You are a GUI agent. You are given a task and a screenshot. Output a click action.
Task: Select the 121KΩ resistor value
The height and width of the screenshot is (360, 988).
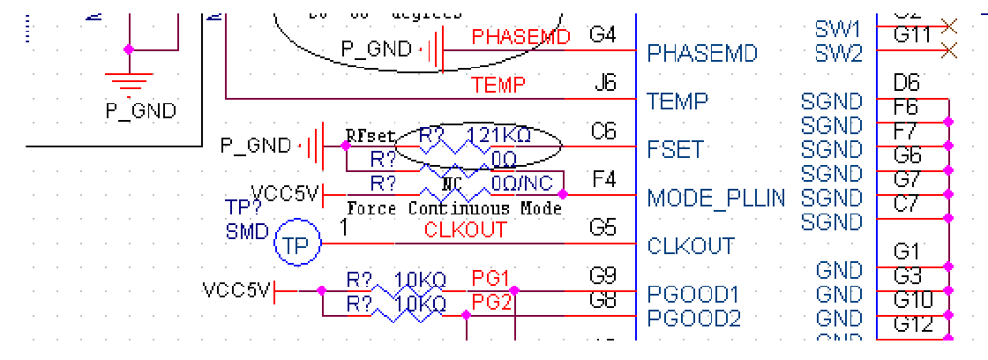coord(499,136)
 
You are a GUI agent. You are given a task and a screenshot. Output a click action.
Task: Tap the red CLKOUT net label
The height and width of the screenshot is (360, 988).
coord(466,229)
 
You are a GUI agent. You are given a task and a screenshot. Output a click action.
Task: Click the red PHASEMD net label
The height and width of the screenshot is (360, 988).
coord(521,36)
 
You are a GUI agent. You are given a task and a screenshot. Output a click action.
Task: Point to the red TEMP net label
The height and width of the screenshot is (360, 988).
coord(498,85)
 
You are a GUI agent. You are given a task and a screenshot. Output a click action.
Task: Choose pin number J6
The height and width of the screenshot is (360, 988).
coord(604,84)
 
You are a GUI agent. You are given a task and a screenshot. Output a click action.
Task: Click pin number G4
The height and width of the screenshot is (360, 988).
coord(603,35)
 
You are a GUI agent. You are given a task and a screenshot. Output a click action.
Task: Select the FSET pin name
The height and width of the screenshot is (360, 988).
coord(675,149)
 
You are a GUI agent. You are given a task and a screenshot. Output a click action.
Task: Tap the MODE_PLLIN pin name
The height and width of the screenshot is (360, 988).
coord(716,198)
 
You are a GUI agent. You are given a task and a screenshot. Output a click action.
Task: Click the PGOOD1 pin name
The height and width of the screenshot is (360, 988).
coord(693,294)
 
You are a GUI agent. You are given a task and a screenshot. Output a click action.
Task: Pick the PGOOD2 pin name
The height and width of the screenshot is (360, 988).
coord(693,318)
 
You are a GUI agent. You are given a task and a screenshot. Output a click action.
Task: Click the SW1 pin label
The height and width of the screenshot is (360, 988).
coord(838,30)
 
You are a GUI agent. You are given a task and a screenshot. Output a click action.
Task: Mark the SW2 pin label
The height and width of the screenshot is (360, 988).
coord(838,54)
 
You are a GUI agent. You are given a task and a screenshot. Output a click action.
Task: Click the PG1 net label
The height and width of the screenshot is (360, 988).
coord(491,279)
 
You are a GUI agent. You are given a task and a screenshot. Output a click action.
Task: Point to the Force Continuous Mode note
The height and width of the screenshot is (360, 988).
coord(454,209)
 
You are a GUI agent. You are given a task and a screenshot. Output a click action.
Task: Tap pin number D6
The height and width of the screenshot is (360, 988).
coord(907,84)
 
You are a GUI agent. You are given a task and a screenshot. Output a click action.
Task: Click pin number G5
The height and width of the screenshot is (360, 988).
coord(603,229)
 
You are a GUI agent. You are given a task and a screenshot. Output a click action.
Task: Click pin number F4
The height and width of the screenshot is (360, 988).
coord(603,179)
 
